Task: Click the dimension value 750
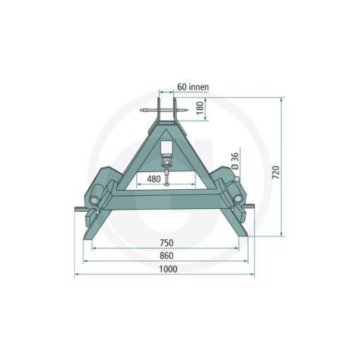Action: click(x=167, y=243)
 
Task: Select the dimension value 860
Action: click(x=167, y=256)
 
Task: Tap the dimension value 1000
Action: click(x=168, y=269)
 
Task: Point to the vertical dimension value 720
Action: click(x=276, y=172)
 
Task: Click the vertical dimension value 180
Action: click(x=200, y=108)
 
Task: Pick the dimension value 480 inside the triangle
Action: click(x=154, y=179)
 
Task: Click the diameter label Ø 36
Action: click(x=235, y=161)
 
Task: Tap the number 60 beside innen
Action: click(x=182, y=87)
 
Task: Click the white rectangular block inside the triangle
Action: click(x=167, y=148)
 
